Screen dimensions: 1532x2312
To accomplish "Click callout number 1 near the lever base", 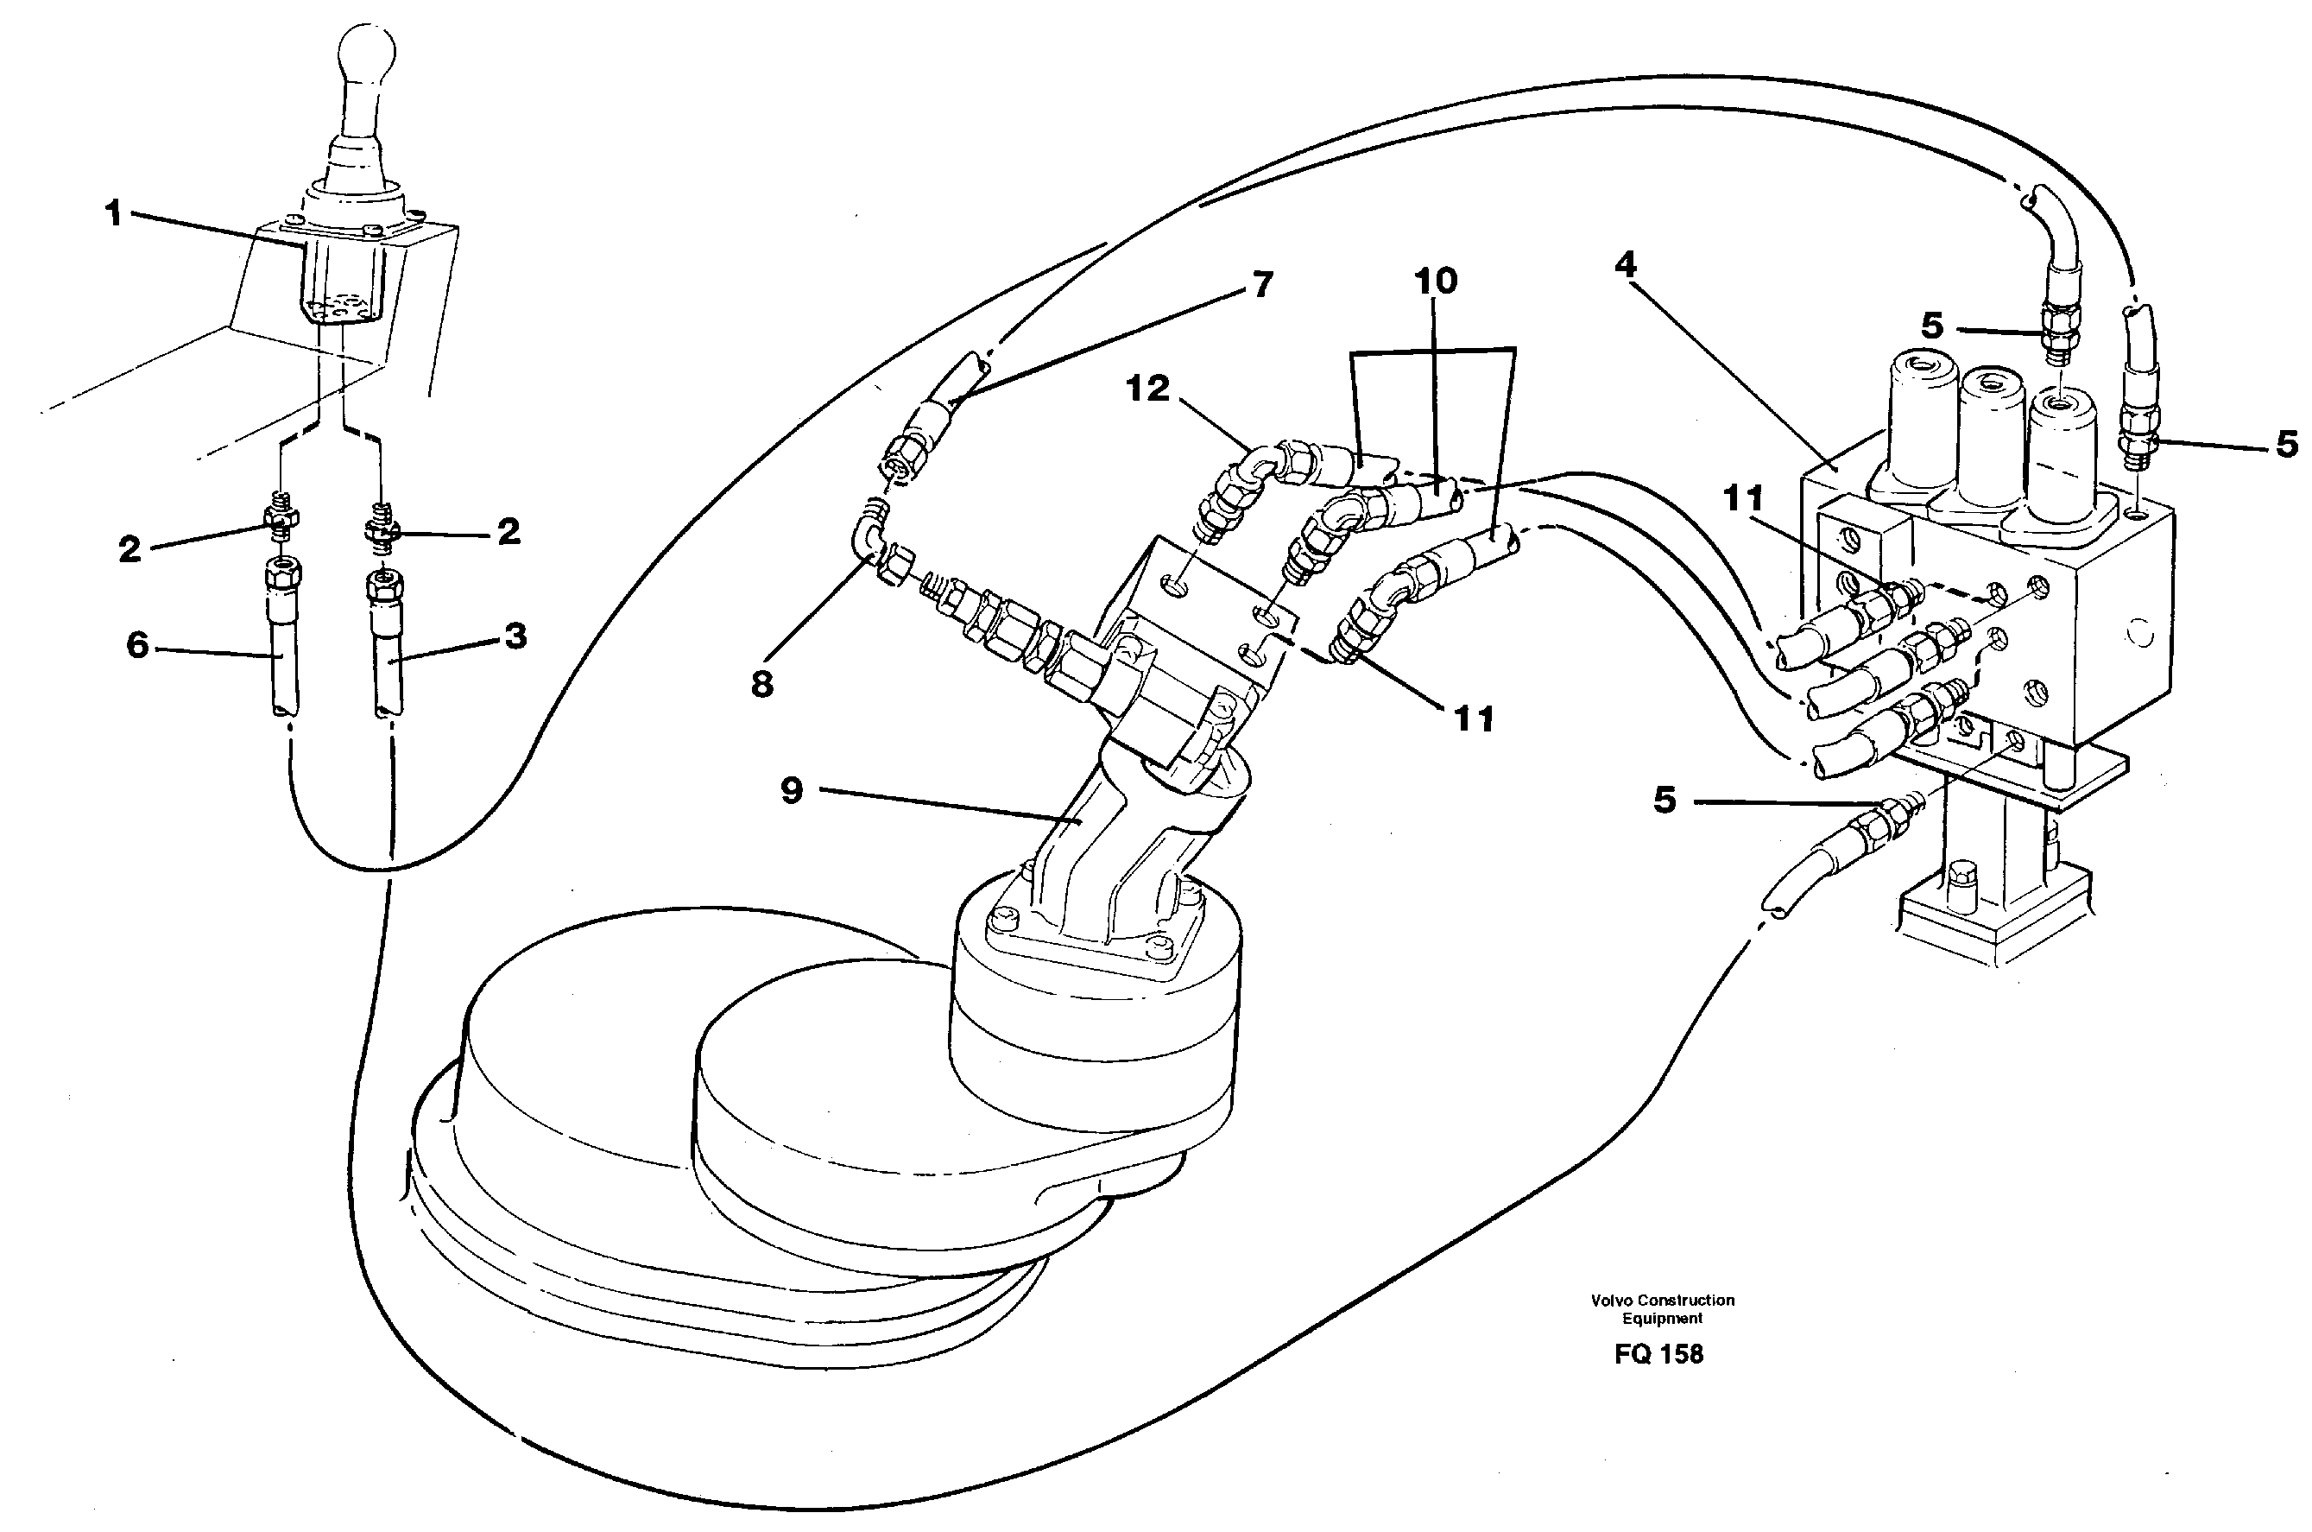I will [114, 213].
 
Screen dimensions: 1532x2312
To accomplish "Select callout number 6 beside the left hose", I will [138, 645].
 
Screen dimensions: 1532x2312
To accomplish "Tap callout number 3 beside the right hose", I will [515, 636].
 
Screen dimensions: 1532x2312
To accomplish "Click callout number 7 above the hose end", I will [1262, 284].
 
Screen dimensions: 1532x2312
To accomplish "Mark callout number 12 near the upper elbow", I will [1147, 389].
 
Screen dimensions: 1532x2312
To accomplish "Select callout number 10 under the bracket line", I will [1435, 282].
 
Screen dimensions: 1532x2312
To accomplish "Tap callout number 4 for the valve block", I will [1626, 263].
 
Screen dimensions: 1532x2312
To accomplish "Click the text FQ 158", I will [1658, 1354].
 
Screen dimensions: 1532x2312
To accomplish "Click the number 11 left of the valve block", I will [1742, 499].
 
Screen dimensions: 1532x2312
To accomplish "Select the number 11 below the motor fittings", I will [1474, 720].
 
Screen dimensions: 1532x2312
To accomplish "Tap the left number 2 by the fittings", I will [129, 549].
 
